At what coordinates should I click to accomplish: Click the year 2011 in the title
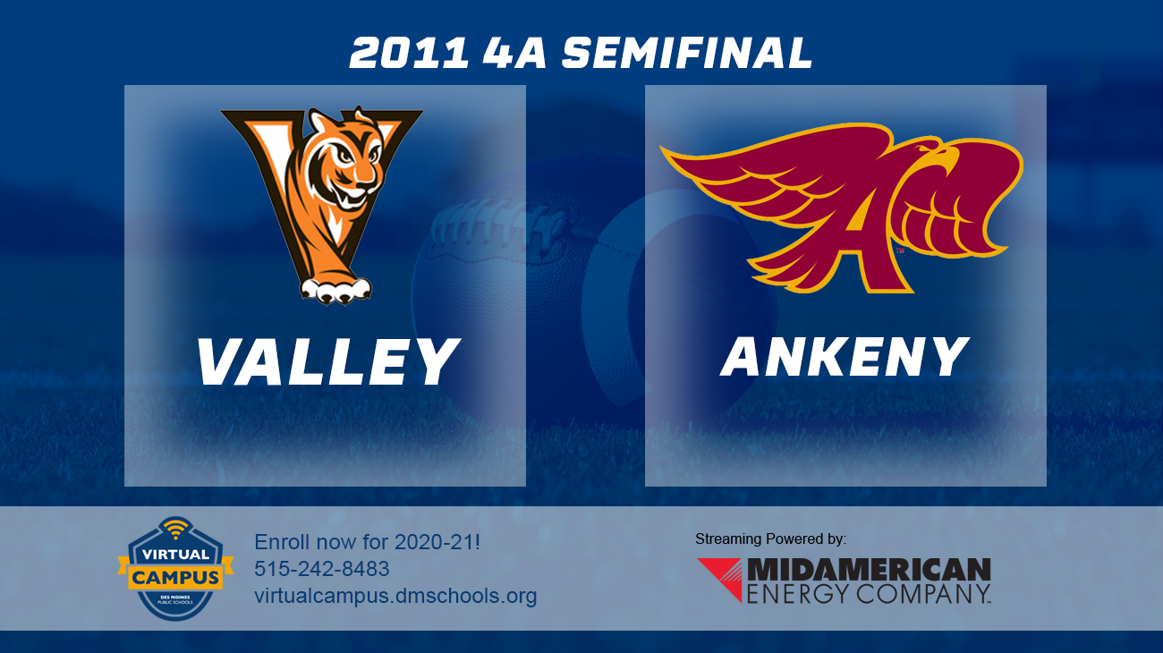408,54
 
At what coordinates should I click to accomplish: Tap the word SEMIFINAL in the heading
687,54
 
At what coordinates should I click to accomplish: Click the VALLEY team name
327,361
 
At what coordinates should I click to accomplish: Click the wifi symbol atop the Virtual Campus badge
175,527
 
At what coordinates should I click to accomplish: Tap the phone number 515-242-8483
321,569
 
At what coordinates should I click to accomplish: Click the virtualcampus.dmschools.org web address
395,596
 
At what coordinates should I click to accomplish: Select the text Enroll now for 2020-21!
368,541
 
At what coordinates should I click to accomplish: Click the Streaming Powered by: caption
770,539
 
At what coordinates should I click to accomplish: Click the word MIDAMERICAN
869,570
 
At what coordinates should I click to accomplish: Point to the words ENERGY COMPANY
869,593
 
